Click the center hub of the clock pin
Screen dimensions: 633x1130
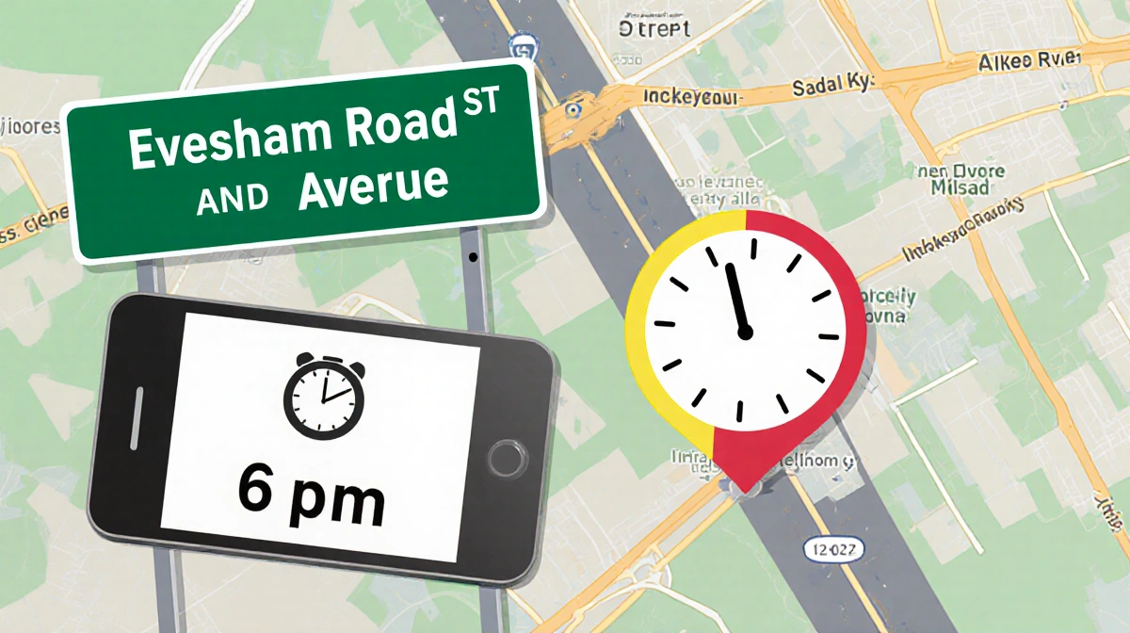coord(745,332)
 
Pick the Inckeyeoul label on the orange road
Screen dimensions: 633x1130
coord(694,96)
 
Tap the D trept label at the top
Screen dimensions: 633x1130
coord(654,28)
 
